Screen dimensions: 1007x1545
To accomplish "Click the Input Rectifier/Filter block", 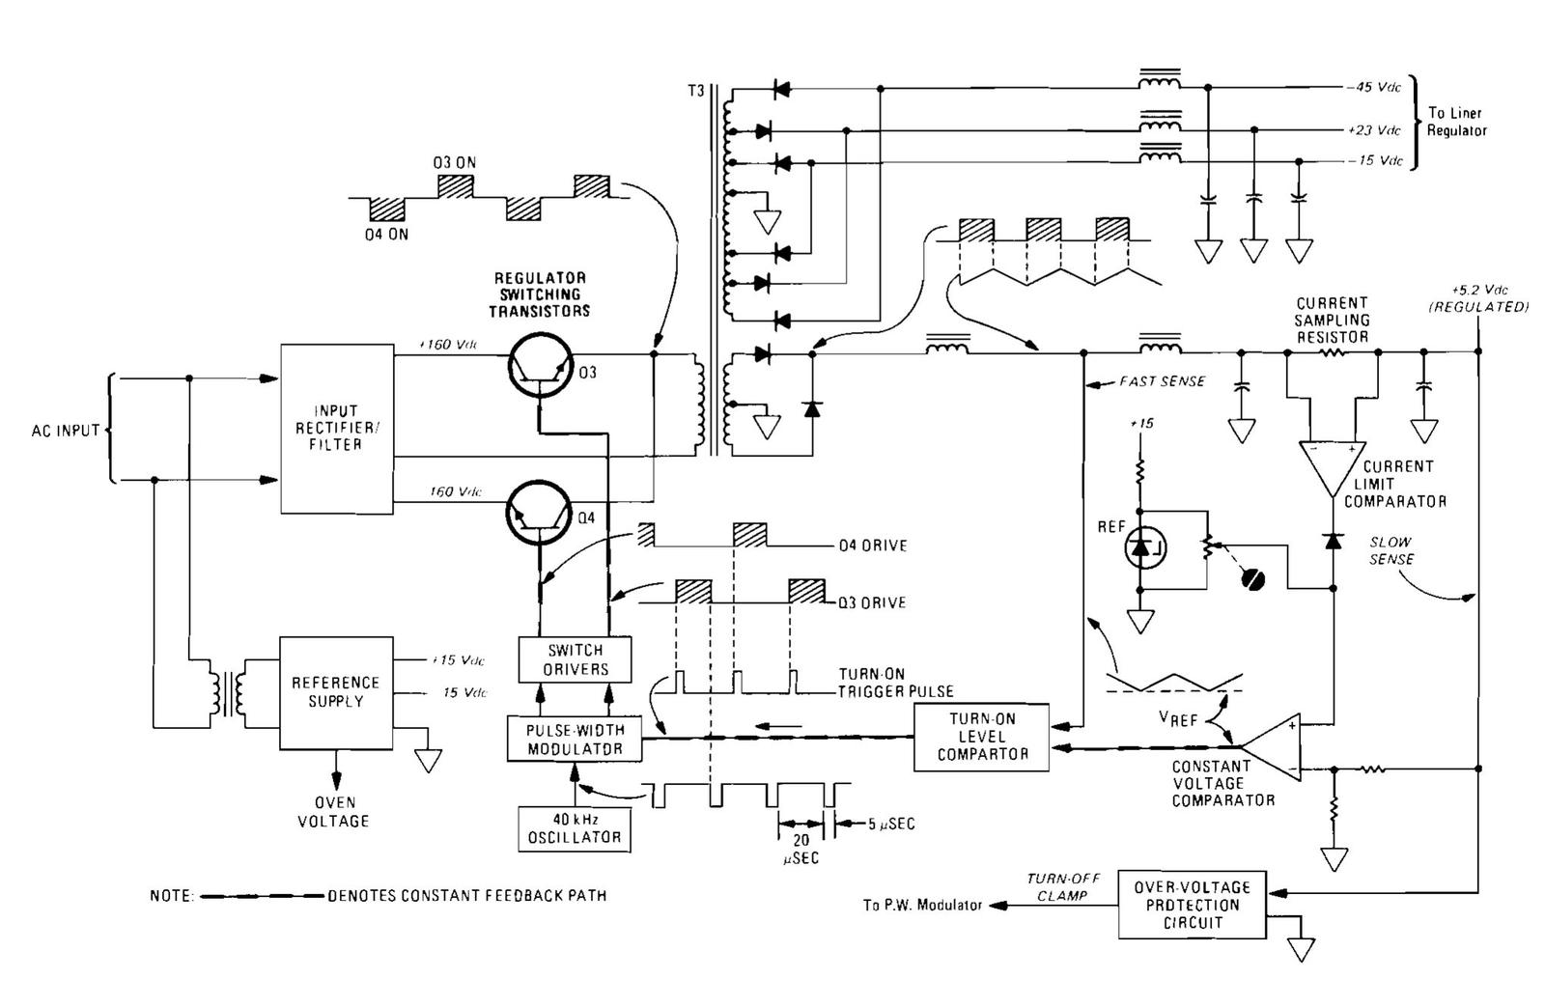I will coord(336,428).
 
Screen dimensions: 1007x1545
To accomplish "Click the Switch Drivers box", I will coord(576,660).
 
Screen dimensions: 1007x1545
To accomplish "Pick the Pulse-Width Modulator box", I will coord(575,740).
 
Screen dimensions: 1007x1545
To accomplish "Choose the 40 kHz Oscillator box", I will coord(575,828).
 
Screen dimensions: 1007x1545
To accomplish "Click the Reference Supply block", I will coord(336,691).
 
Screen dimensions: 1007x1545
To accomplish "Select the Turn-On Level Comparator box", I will coord(981,738).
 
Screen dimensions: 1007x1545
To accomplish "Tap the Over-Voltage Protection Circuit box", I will coord(1192,905).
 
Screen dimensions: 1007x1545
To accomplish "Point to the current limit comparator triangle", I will coord(1333,471).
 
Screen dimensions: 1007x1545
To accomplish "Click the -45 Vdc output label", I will coord(1373,88).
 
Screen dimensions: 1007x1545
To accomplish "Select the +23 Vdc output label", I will coord(1373,130).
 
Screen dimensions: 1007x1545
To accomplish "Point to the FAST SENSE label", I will coord(1162,382).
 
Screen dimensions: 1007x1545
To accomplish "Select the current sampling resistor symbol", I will coord(1332,352).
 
